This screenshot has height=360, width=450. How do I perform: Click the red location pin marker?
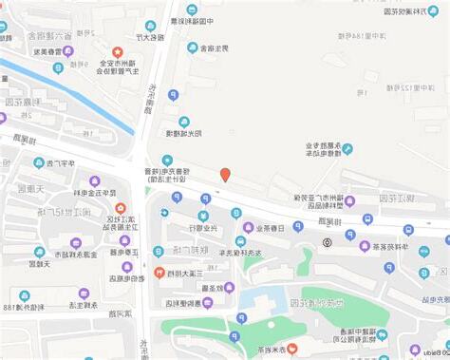point(225,175)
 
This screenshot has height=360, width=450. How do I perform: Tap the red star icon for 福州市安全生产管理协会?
point(118,51)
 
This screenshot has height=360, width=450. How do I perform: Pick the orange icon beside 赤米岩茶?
point(291,349)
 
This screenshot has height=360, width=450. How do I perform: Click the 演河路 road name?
point(118,313)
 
